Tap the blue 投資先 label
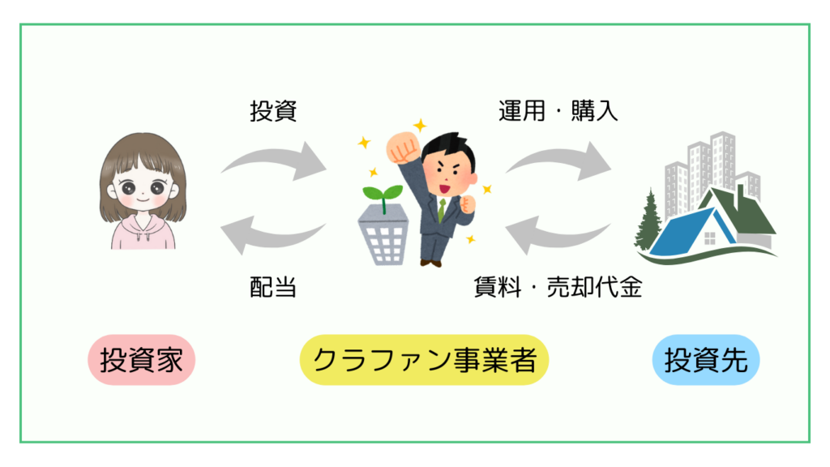coord(705,359)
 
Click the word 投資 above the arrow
coord(273,111)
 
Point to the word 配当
coord(273,287)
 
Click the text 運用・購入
coord(558,111)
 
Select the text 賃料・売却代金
coord(558,287)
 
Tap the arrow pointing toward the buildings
coord(558,160)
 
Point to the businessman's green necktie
coord(442,209)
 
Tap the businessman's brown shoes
coord(432,261)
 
